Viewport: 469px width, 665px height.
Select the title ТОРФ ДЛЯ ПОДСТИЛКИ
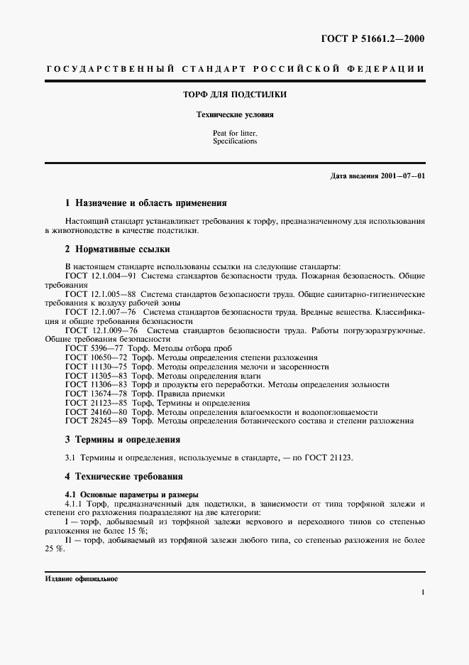pyautogui.click(x=234, y=94)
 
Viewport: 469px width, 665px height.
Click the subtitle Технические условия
pyautogui.click(x=234, y=114)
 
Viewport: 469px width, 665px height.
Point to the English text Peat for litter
pyautogui.click(x=234, y=133)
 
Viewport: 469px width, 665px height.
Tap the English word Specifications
pyautogui.click(x=234, y=141)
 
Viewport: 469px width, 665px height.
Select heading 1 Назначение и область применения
pyautogui.click(x=145, y=202)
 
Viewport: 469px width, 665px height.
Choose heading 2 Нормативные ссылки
pyautogui.click(x=117, y=249)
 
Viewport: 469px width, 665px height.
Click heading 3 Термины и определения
pyautogui.click(x=122, y=440)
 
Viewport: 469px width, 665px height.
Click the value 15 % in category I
pyautogui.click(x=138, y=531)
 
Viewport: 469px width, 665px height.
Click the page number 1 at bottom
pyautogui.click(x=423, y=591)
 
